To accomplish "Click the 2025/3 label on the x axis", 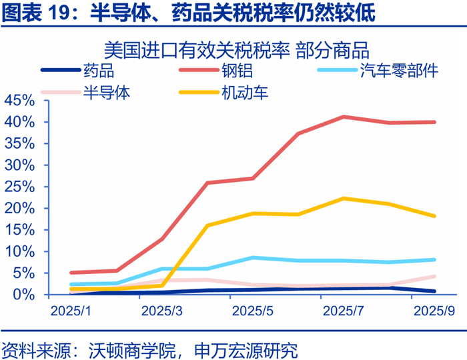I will [162, 311].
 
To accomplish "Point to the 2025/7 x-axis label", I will [344, 311].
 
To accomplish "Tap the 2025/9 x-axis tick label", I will [434, 311].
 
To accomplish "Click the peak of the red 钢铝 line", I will [344, 117].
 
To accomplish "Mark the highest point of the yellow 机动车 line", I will [344, 198].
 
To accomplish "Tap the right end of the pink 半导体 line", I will [434, 276].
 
